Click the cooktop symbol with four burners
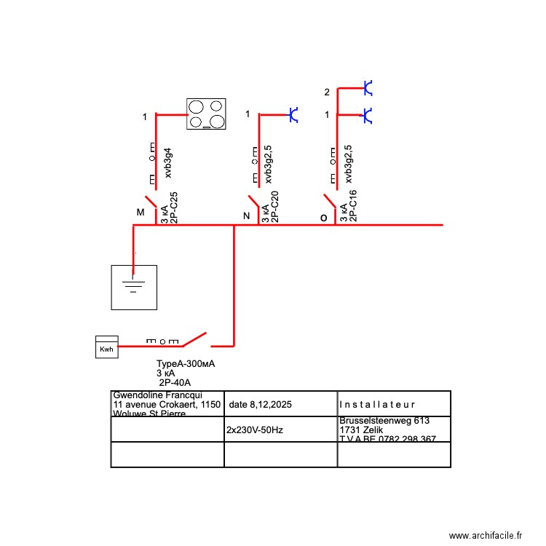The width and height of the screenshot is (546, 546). (206, 114)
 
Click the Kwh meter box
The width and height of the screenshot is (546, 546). (106, 347)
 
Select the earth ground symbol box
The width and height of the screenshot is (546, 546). (133, 287)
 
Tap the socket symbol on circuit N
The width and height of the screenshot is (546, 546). (293, 114)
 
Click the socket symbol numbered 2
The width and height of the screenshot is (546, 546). (368, 89)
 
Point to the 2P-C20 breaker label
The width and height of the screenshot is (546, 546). (274, 207)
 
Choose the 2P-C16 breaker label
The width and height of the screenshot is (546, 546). (353, 206)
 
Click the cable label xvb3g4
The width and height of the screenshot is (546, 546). (168, 163)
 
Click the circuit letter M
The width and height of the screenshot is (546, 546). (141, 213)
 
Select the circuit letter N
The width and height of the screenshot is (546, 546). (246, 216)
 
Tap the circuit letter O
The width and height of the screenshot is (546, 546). (324, 217)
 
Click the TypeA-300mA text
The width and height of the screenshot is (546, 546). (186, 364)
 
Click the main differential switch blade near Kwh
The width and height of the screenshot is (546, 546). (194, 339)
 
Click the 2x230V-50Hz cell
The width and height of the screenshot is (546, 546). (255, 430)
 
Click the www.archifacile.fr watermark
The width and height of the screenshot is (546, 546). (486, 535)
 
